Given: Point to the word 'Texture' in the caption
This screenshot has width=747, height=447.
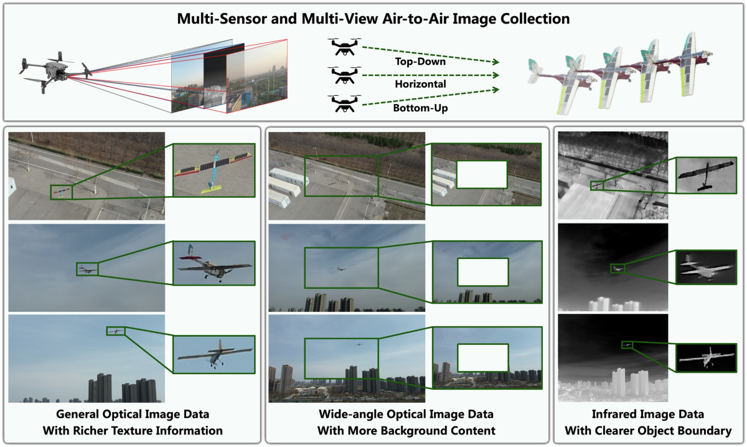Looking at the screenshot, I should (x=131, y=429).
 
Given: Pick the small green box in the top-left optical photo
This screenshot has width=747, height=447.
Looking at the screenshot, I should (x=61, y=192).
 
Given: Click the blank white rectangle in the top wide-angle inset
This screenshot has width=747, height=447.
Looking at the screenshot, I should (x=482, y=175).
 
